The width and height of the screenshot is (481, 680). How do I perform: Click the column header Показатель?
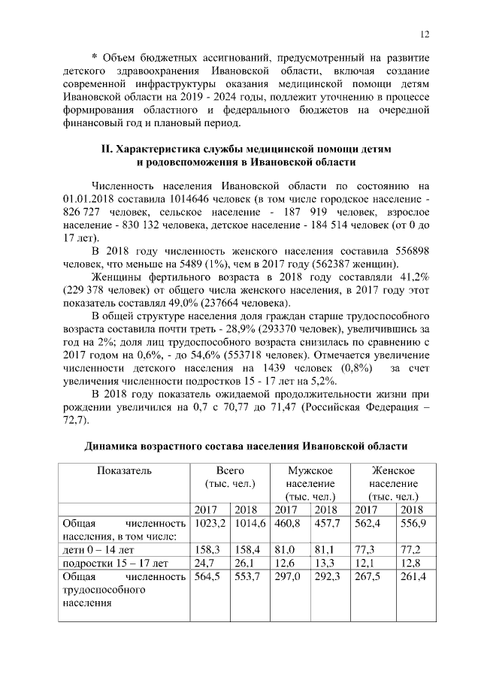point(124,470)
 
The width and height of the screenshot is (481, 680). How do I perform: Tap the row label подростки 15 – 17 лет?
point(113,563)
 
